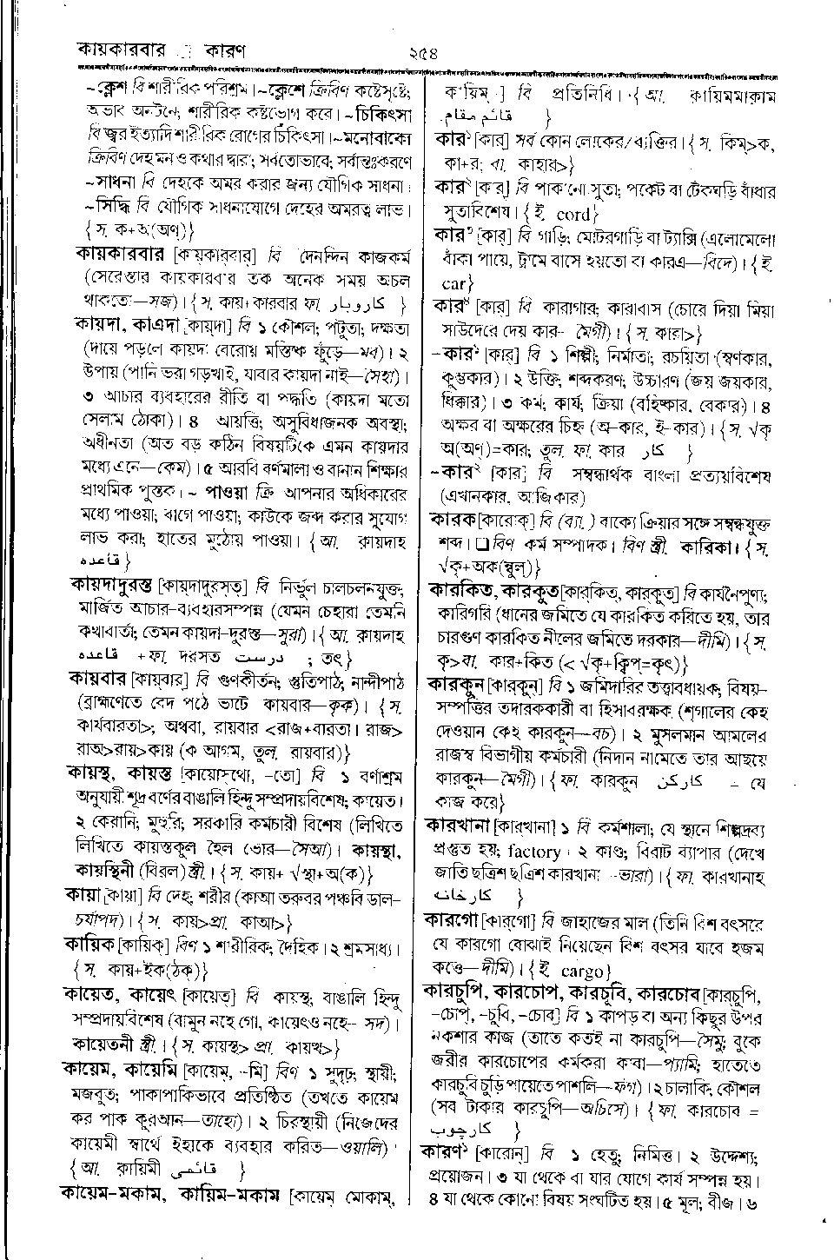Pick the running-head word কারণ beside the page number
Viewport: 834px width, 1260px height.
(x=222, y=50)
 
